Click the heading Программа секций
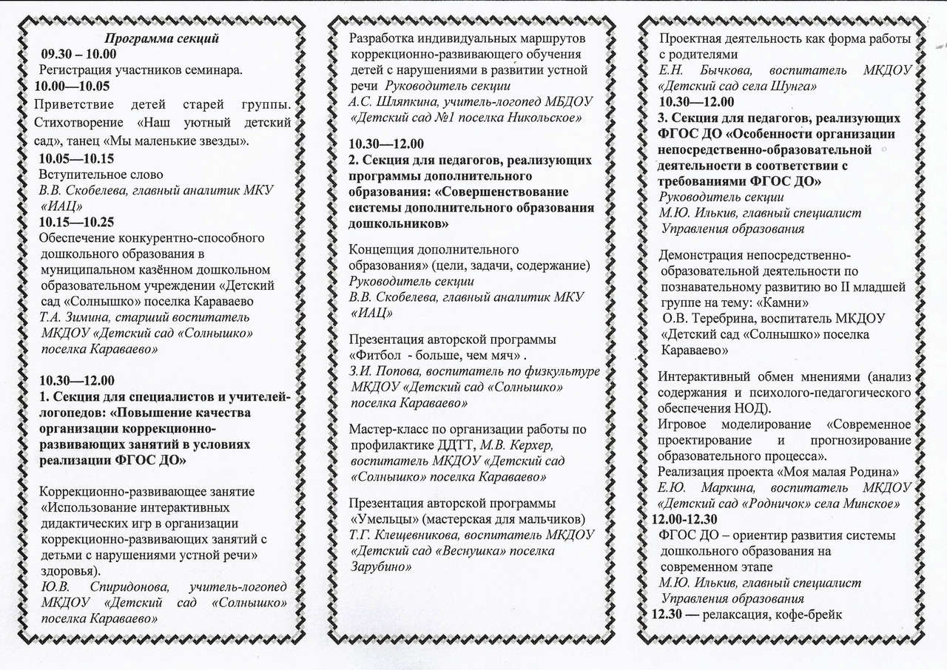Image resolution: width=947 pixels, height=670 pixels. (161, 38)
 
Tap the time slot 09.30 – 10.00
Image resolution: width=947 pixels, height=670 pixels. (79, 54)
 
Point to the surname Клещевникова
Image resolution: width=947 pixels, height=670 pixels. (417, 534)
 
